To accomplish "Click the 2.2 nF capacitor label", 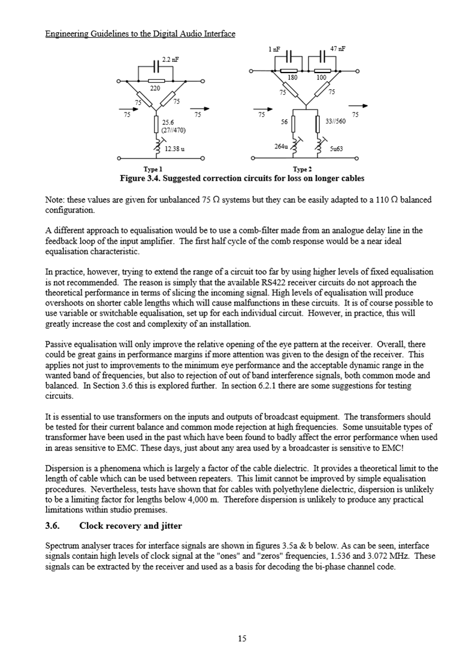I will pyautogui.click(x=171, y=60).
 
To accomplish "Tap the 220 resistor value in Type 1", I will pyautogui.click(x=155, y=88).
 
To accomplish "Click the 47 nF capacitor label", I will pyautogui.click(x=338, y=48).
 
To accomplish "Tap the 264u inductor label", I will pyautogui.click(x=281, y=146).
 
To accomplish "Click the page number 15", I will pyautogui.click(x=241, y=638).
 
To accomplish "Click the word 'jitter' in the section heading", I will pyautogui.click(x=170, y=526).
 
